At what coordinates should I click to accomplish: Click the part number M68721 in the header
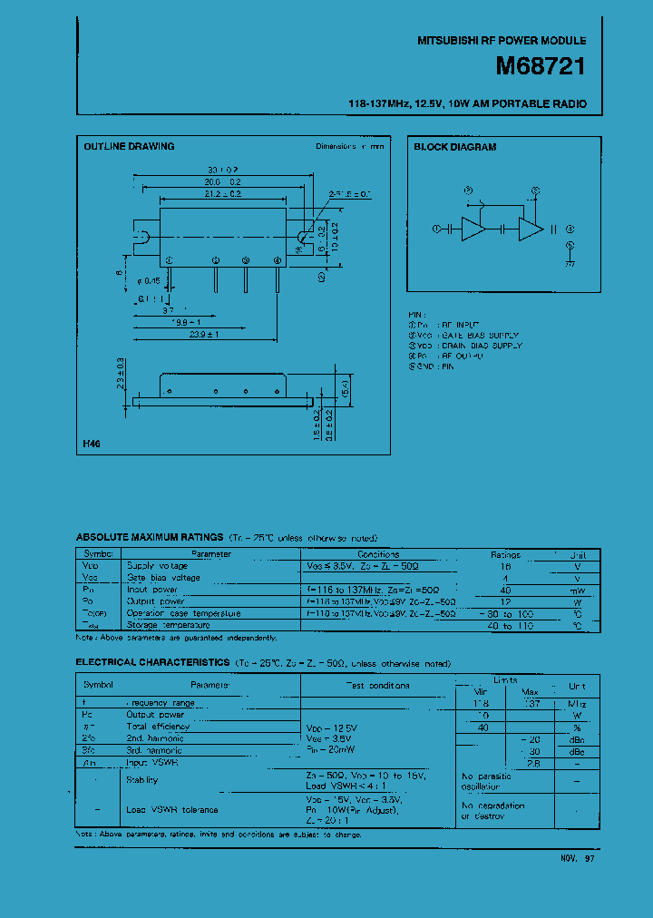click(x=540, y=67)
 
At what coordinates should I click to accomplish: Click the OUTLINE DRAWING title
click(x=129, y=146)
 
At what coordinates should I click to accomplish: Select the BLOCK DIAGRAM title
click(x=455, y=147)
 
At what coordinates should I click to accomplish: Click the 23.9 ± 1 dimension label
click(x=202, y=335)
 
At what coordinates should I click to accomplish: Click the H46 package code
click(x=92, y=445)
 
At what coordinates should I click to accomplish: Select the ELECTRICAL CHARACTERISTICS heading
click(x=153, y=663)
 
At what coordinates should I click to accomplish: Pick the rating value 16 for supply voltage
click(x=506, y=565)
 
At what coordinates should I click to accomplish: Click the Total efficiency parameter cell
click(x=159, y=727)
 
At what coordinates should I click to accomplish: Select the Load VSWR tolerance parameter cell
click(x=171, y=810)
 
